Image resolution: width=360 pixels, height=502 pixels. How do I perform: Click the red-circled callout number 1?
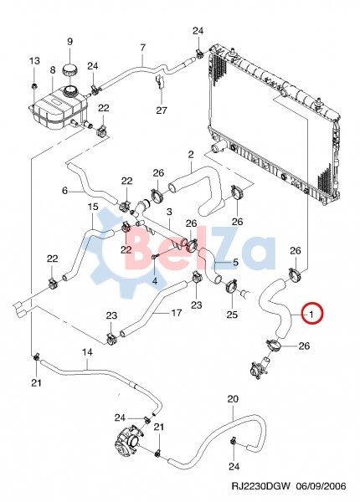[x=311, y=314]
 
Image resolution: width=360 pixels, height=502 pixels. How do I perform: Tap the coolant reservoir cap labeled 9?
[x=69, y=69]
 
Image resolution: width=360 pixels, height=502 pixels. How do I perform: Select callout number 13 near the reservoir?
[x=35, y=60]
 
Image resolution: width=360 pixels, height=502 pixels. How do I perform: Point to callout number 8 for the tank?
[x=53, y=69]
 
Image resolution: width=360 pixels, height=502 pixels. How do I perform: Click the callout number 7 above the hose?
[x=143, y=48]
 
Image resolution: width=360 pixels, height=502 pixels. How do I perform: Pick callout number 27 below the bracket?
[x=162, y=110]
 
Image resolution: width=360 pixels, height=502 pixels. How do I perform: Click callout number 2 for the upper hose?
[x=191, y=155]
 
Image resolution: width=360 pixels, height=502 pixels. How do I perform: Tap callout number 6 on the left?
[x=65, y=191]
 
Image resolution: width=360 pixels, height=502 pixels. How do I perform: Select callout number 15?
[x=93, y=207]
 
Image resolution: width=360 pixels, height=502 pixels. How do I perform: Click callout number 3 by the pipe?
[x=169, y=212]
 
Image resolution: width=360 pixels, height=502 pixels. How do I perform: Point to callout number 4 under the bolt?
[x=155, y=281]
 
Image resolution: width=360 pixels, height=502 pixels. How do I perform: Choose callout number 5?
[x=235, y=263]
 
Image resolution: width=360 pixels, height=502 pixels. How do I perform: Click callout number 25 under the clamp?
[x=232, y=315]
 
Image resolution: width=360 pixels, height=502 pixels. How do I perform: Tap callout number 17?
[x=177, y=312]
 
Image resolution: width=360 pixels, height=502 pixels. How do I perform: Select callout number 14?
[x=87, y=352]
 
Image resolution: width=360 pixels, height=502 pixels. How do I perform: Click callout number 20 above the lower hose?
[x=233, y=399]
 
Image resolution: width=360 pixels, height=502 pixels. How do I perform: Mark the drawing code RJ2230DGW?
[x=260, y=486]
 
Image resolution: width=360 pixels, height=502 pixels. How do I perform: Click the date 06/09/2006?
[x=321, y=486]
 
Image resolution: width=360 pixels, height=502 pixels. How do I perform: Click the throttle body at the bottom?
[x=127, y=441]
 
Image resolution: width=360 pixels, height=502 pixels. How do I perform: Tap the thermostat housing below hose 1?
[x=261, y=367]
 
